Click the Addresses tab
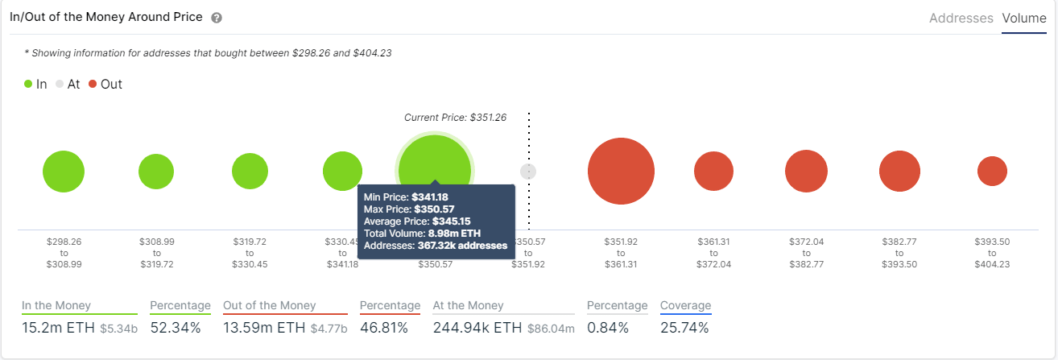point(961,18)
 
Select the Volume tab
point(1023,18)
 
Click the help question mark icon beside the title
point(217,18)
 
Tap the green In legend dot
point(28,84)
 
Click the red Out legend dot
point(93,84)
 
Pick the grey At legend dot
point(60,84)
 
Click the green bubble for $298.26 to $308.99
point(64,172)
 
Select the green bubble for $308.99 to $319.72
point(156,172)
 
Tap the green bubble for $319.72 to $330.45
point(250,172)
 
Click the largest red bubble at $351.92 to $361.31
point(621,172)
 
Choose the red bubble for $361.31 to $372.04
point(713,172)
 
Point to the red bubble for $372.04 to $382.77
point(807,172)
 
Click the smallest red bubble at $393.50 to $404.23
point(992,172)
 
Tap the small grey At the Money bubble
point(528,172)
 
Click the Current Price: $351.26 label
point(455,118)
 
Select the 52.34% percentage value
point(173,328)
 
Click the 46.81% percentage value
point(383,328)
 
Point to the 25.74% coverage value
point(684,328)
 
